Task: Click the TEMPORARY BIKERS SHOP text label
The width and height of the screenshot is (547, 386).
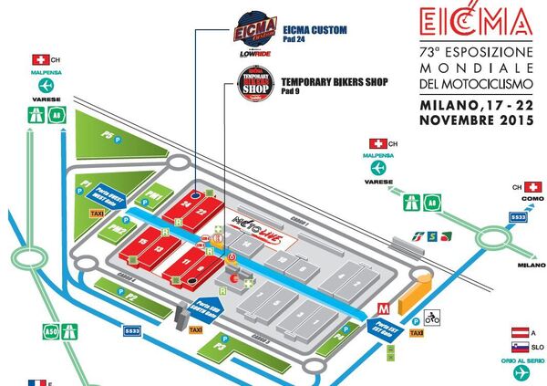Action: pyautogui.click(x=336, y=82)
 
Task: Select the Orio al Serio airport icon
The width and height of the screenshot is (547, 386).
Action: pyautogui.click(x=521, y=373)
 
